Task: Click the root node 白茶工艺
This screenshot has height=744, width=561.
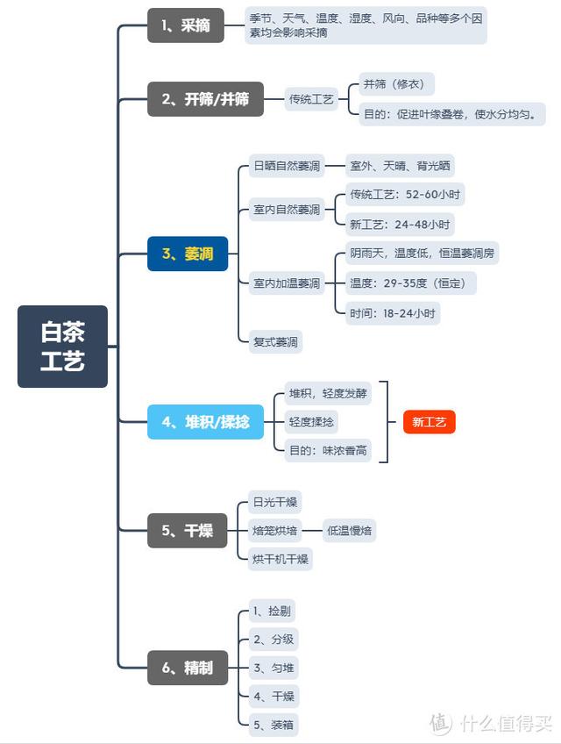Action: (62, 347)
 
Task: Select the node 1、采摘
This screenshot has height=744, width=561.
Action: (185, 25)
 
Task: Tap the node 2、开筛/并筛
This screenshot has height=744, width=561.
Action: (204, 99)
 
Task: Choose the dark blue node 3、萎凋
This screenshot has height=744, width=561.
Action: (187, 254)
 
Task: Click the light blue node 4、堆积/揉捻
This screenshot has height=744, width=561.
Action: (205, 422)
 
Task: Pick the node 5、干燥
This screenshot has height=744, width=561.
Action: (187, 531)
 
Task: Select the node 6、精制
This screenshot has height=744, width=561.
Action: (187, 668)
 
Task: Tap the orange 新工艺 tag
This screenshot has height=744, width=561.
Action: (430, 422)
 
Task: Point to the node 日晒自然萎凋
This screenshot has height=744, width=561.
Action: (287, 165)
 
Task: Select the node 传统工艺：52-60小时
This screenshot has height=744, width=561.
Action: (405, 194)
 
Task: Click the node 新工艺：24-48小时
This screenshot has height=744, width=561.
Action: (399, 224)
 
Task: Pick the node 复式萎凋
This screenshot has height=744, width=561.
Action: (276, 342)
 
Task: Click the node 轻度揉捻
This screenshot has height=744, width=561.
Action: (311, 422)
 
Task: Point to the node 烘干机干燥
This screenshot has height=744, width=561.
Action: (280, 559)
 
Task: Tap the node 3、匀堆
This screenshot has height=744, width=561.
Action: (273, 668)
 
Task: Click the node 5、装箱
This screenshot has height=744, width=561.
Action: (273, 725)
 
